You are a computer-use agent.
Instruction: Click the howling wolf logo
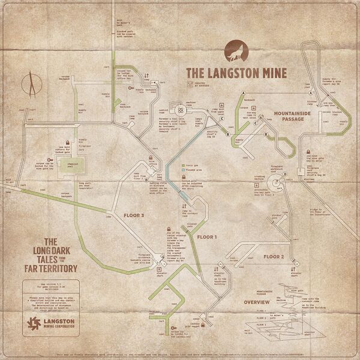click(235, 52)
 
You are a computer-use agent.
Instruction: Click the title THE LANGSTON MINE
click(236, 73)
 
